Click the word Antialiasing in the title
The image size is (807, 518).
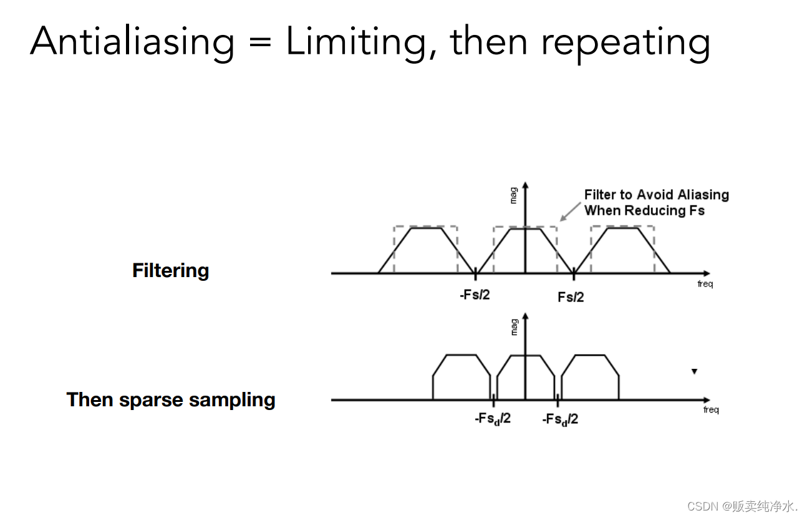(132, 42)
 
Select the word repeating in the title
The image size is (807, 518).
(626, 42)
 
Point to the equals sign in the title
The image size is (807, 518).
(260, 42)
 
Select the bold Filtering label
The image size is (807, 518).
(170, 271)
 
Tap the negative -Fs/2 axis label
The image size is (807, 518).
(475, 295)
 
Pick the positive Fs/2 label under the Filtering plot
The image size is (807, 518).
(571, 297)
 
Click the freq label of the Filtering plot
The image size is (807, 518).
(705, 284)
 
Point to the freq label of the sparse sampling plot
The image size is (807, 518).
(711, 410)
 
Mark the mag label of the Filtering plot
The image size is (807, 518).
(513, 195)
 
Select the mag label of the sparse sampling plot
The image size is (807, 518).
(514, 326)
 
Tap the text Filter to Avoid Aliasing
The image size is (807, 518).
(656, 195)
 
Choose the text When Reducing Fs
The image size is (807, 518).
(644, 210)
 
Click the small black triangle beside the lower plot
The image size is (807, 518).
(694, 372)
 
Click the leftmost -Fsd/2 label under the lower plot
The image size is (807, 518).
(492, 419)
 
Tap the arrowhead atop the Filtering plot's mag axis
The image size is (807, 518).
(525, 186)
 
